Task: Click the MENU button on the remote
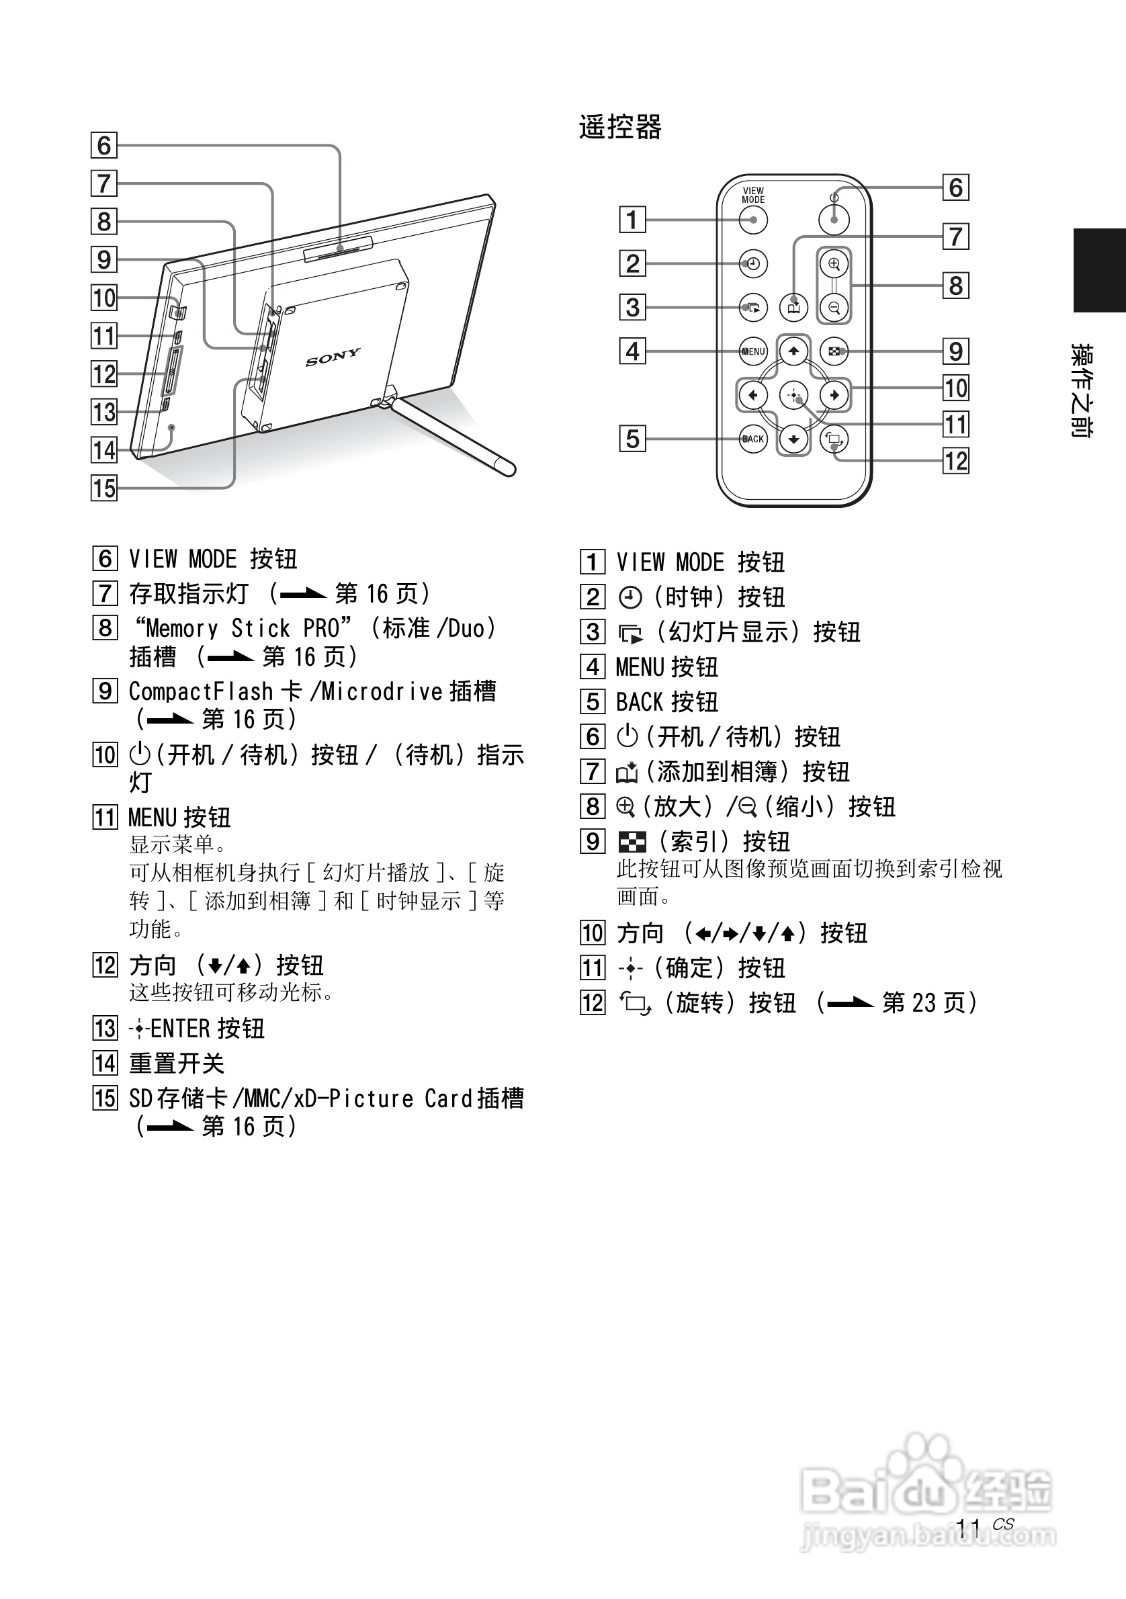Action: coord(752,351)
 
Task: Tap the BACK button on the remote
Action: coord(752,439)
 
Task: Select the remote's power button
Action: coord(834,220)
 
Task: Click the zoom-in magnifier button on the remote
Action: coord(834,264)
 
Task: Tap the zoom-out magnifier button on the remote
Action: coord(834,307)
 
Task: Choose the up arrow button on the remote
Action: coord(794,351)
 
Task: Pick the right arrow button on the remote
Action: coord(834,396)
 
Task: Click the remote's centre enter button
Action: coord(793,396)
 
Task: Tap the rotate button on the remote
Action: coord(834,439)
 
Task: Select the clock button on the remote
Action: coord(752,264)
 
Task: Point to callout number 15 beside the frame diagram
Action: coord(103,488)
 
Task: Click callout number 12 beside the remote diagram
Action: coord(955,461)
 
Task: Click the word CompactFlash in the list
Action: coord(201,691)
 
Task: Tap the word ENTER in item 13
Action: coord(179,1029)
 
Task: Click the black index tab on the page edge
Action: coord(1099,270)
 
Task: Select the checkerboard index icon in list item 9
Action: coord(632,842)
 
